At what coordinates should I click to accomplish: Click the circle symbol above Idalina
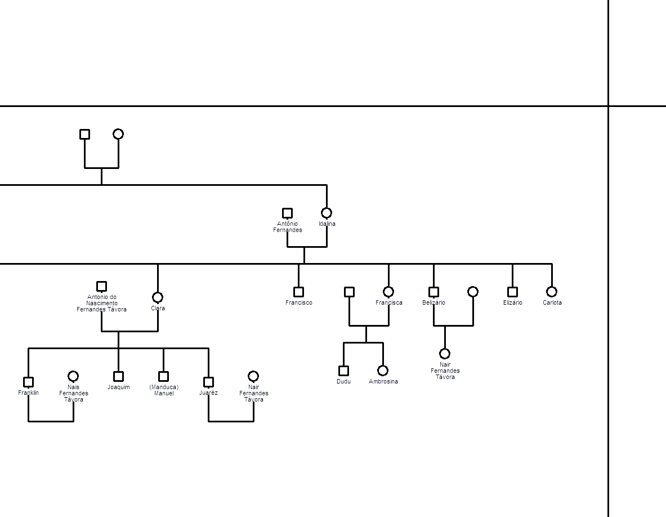tap(327, 213)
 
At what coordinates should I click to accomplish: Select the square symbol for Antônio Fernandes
tap(288, 213)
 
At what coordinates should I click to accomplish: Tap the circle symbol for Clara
tap(158, 297)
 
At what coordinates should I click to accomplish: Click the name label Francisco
tap(298, 302)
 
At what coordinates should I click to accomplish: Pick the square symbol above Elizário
tap(513, 292)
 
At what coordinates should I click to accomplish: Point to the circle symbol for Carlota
tap(552, 292)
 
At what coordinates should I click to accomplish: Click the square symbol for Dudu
tap(343, 371)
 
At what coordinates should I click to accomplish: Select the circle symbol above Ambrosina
tap(383, 371)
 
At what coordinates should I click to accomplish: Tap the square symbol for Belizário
tap(433, 292)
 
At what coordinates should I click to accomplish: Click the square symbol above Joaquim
tap(118, 376)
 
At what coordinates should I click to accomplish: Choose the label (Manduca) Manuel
tap(164, 390)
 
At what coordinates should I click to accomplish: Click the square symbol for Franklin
tap(29, 382)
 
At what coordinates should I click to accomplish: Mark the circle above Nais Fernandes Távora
tap(73, 376)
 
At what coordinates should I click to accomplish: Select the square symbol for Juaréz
tap(208, 382)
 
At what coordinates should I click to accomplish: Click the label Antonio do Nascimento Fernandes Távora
tap(101, 304)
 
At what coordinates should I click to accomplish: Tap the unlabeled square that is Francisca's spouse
tap(349, 292)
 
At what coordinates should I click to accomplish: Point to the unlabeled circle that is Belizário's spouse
tap(473, 292)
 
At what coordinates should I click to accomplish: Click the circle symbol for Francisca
tap(388, 292)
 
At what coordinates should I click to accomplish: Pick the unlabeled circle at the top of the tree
tap(118, 134)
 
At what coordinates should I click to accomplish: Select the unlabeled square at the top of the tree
tap(84, 134)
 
